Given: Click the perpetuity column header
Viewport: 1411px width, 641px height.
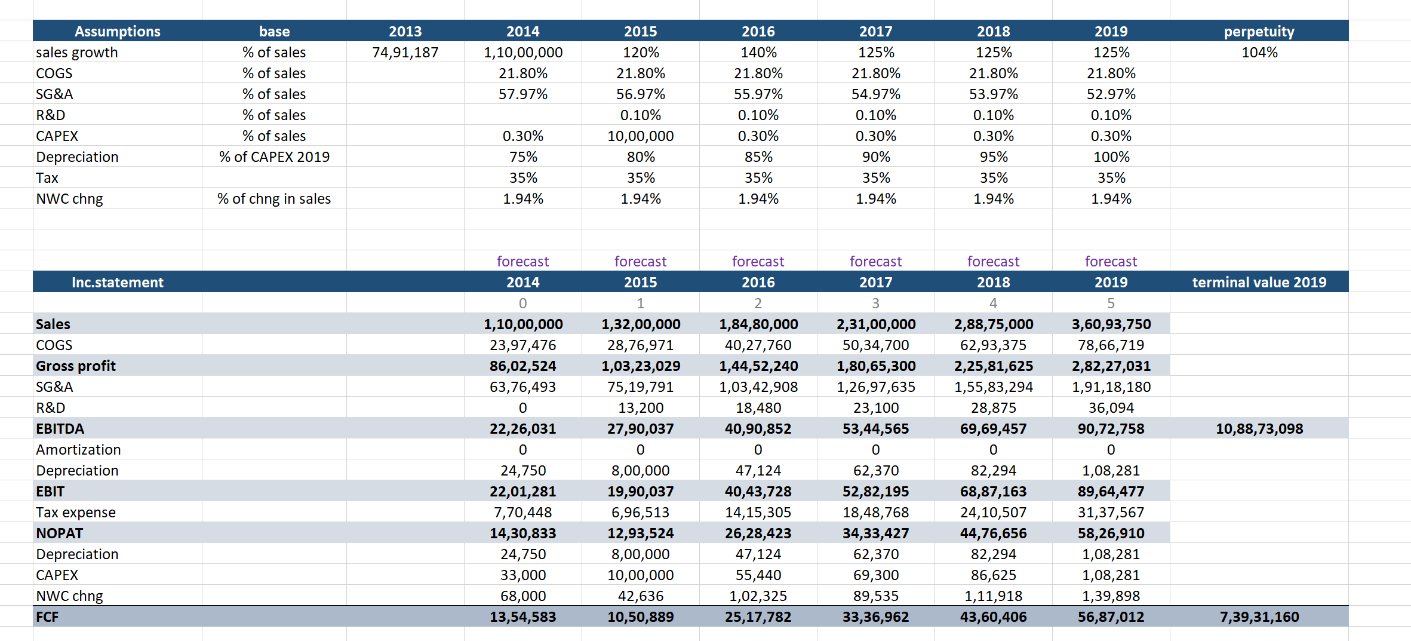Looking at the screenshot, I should pyautogui.click(x=1259, y=31).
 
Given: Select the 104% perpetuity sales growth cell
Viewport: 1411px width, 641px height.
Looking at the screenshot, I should pyautogui.click(x=1259, y=53).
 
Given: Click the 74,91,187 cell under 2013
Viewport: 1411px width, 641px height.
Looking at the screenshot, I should pyautogui.click(x=405, y=53).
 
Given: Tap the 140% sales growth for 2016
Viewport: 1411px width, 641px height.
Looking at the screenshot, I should pyautogui.click(x=758, y=53).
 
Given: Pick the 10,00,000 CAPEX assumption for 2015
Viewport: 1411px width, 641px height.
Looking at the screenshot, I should pyautogui.click(x=640, y=136).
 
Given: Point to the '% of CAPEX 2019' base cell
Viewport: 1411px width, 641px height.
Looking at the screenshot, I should pyautogui.click(x=274, y=157).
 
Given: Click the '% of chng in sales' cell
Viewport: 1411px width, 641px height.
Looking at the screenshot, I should pyautogui.click(x=274, y=199).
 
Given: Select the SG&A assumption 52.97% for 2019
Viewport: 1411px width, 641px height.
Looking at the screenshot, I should pyautogui.click(x=1111, y=94).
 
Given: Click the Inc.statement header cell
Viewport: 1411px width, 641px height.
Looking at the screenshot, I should pyautogui.click(x=117, y=282).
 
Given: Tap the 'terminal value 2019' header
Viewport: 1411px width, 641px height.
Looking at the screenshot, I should pyautogui.click(x=1259, y=282).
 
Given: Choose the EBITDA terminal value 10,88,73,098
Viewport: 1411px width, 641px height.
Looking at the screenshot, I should pyautogui.click(x=1259, y=429).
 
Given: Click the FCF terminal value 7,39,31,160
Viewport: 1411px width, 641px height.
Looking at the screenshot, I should pyautogui.click(x=1259, y=617).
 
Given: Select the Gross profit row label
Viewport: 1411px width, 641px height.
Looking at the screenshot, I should pyautogui.click(x=76, y=366).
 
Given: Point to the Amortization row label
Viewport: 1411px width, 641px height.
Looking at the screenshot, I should pyautogui.click(x=78, y=450).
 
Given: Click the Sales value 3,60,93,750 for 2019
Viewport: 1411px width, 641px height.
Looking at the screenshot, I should pyautogui.click(x=1111, y=324).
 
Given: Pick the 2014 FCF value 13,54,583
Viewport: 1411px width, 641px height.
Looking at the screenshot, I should pyautogui.click(x=522, y=617).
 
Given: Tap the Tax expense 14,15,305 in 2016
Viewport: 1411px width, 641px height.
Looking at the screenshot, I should pyautogui.click(x=758, y=513).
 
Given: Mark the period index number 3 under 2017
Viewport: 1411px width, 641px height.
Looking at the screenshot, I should pyautogui.click(x=875, y=303).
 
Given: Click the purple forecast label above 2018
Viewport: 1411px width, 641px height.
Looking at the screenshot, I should pyautogui.click(x=993, y=261).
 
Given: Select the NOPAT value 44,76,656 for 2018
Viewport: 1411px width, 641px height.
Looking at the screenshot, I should pyautogui.click(x=993, y=533).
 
